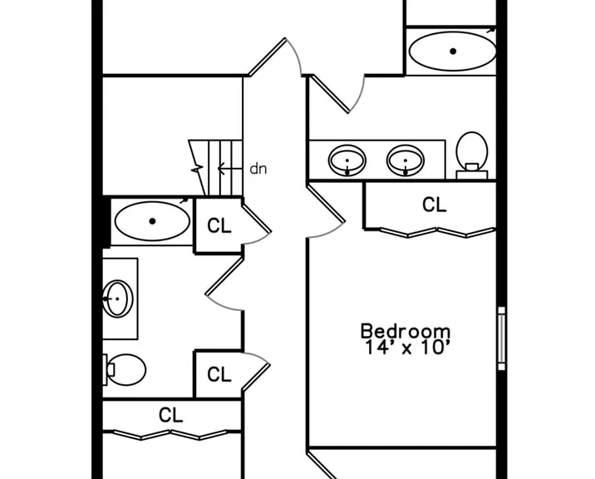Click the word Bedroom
coord(406,331)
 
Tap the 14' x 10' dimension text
coord(407,348)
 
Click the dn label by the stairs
coord(258,169)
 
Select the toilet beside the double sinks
coord(472,155)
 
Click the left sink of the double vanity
coord(347,160)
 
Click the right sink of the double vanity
coord(406,160)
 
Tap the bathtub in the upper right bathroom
coord(452,52)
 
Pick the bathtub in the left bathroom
coord(152,221)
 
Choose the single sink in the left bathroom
coord(118,299)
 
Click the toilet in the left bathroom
coord(125,369)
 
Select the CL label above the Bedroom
coord(434,205)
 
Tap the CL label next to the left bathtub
coord(219,225)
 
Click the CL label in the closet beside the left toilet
coord(219,374)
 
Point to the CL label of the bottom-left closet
coord(170,415)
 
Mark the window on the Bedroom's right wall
coord(502,338)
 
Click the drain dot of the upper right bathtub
coord(453,52)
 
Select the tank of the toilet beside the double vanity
coord(472,175)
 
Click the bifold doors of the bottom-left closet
coord(170,435)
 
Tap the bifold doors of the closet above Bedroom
coord(437,233)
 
